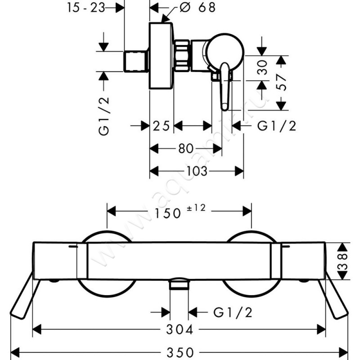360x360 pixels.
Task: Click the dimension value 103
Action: [x=197, y=171]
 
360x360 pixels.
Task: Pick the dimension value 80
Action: [x=185, y=148]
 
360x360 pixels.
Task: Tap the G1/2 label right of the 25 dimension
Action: [x=276, y=126]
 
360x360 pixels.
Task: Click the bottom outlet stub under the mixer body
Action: [x=179, y=285]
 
